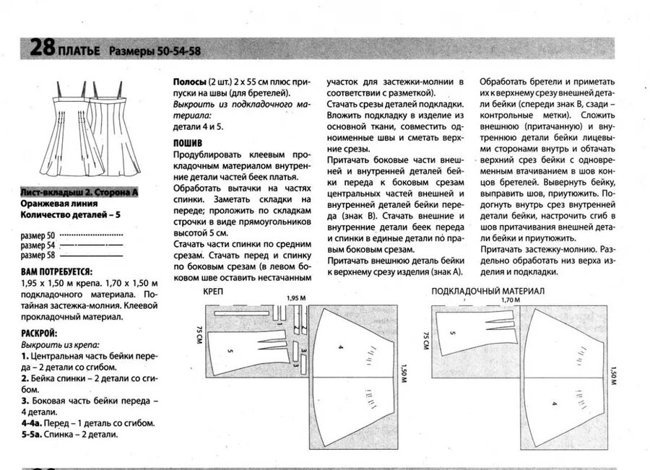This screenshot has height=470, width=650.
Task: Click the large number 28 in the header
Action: pos(42,49)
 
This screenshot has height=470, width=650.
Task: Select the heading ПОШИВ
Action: pos(188,143)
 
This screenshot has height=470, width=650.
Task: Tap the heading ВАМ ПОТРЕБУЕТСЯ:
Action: pos(56,271)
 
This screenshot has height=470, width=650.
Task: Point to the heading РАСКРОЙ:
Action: pos(39,333)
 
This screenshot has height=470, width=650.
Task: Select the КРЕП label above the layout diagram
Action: pos(213,292)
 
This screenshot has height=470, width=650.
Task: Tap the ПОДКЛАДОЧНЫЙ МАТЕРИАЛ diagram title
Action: pos(487,291)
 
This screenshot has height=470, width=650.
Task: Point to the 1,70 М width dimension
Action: pos(511,299)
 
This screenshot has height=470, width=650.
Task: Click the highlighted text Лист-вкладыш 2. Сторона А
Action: pos(79,193)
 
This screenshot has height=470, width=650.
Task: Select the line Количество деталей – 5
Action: pos(70,214)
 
